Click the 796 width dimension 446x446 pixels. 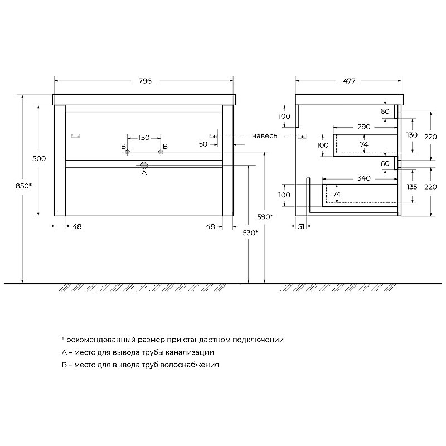(x=145, y=81)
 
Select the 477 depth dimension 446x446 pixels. (x=349, y=81)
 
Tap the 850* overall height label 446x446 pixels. (x=23, y=186)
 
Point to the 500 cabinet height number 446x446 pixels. (x=39, y=158)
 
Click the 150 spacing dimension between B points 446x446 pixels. (x=144, y=138)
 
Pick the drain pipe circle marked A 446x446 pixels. (x=144, y=165)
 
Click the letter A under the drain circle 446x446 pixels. (x=144, y=173)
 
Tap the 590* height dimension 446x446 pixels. (x=265, y=217)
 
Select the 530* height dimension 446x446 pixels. (x=250, y=233)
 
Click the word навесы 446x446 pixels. (x=265, y=136)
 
